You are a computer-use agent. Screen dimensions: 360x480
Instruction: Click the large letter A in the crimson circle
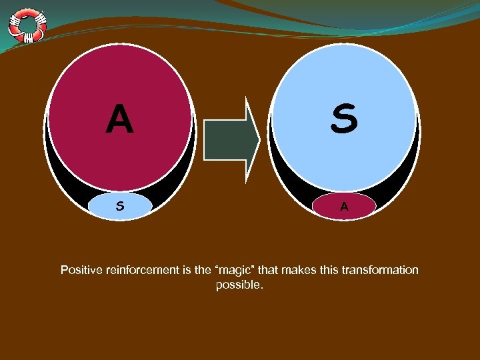(120, 121)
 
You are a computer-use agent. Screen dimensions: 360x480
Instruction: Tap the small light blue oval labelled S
(120, 207)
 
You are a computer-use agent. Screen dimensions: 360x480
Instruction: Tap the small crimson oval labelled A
(344, 207)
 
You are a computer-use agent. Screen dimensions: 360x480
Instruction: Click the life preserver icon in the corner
(27, 25)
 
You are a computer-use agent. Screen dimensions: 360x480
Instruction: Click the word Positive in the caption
(80, 270)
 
